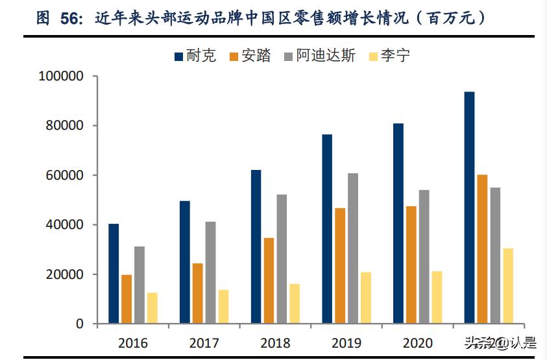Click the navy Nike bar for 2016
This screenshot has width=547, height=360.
coord(114,274)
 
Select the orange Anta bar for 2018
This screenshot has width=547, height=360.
coord(269,281)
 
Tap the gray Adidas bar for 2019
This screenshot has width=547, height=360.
coord(353,248)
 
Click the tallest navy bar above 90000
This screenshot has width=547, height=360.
coord(469,208)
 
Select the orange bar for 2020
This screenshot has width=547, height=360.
coord(411,265)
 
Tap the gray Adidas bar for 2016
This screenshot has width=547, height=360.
coord(140,285)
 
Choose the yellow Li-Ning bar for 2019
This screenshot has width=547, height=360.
coord(366,298)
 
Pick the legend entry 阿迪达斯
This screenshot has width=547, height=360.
coord(319,56)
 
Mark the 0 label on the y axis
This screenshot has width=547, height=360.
coord(80,324)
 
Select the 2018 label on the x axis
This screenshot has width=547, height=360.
coord(275,342)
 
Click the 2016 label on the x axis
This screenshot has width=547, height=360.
coord(132,342)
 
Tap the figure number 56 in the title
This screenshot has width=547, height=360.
coord(70,18)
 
